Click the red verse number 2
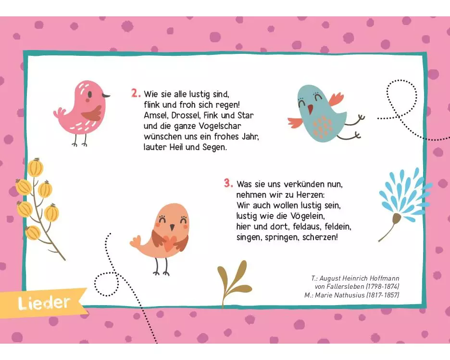[x=136, y=93]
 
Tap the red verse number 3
[x=228, y=183]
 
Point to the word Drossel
[x=186, y=115]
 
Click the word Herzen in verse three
[x=310, y=195]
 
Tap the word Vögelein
[x=307, y=216]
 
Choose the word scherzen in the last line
[x=320, y=237]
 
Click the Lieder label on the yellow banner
[x=44, y=303]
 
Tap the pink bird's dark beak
[x=106, y=95]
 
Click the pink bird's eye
[x=90, y=94]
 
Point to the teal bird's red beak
[x=310, y=109]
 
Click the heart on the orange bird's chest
[x=169, y=242]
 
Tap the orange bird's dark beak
[x=172, y=228]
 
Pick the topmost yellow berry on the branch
[x=36, y=167]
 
